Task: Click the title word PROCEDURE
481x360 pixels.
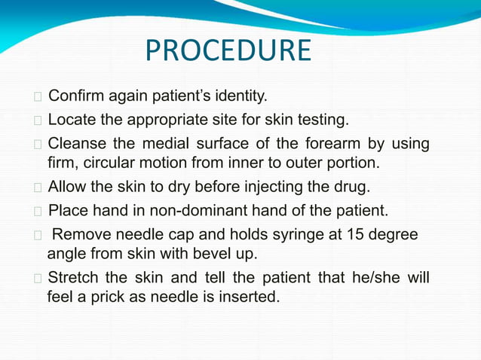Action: point(227,51)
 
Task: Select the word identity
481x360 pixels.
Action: point(239,96)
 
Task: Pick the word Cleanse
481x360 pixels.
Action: point(77,143)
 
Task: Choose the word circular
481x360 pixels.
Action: point(119,162)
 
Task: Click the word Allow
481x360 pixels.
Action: point(67,186)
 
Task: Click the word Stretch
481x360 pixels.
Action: point(73,279)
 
